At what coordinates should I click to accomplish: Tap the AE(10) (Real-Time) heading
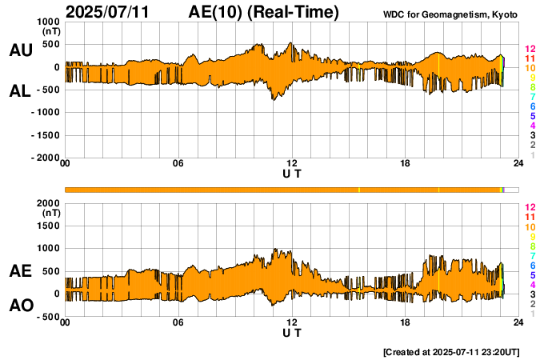coord(263,12)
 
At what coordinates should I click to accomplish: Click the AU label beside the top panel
coord(20,50)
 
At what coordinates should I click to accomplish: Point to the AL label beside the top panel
coord(20,91)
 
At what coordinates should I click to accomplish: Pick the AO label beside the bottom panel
coord(20,306)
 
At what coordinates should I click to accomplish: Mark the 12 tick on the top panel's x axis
coord(292,164)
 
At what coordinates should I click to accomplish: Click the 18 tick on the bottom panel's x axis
coord(406,322)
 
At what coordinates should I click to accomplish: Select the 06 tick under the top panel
coord(178,164)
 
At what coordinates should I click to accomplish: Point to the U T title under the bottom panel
coord(292,333)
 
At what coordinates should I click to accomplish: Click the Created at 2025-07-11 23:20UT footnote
coord(451,351)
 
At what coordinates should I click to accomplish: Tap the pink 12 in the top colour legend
coord(529,50)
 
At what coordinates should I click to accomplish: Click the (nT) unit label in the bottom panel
coord(51,214)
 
